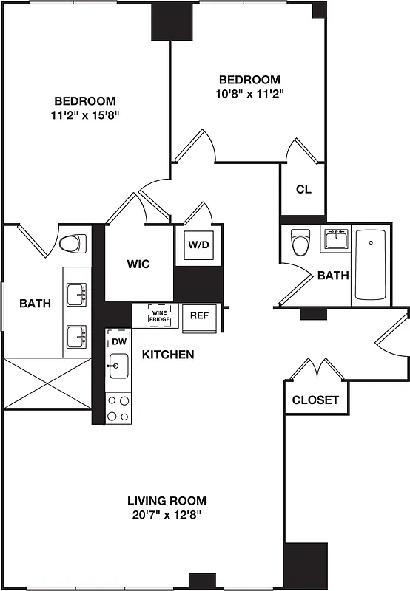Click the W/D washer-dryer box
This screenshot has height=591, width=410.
coord(198,245)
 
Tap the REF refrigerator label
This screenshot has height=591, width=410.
coord(198,315)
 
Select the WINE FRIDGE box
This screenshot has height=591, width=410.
coord(159,315)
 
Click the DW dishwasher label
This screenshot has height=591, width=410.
coord(119,341)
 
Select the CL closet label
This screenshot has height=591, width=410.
coord(303,189)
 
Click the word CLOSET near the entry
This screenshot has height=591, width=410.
coord(315,400)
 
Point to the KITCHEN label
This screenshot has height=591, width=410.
coord(168,355)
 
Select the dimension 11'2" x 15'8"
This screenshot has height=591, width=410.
coord(85,115)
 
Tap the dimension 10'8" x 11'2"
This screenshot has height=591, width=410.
coord(249,93)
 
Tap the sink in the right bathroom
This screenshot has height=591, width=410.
coord(336,239)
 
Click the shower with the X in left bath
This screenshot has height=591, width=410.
coord(45,383)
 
